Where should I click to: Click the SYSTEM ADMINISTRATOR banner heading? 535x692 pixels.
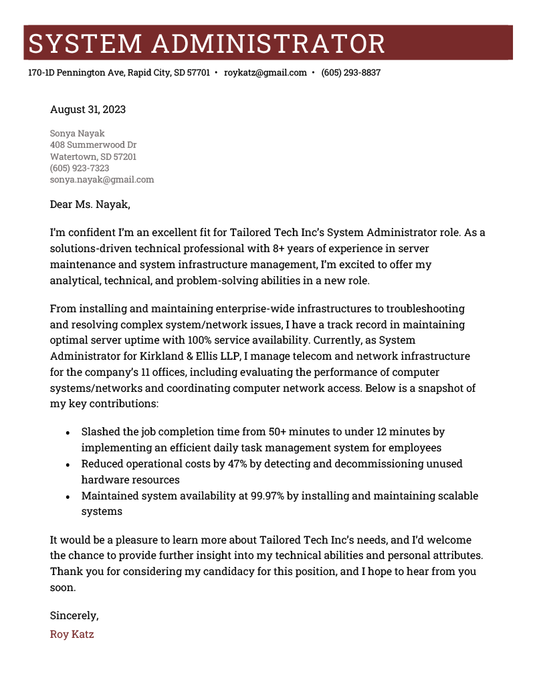207,43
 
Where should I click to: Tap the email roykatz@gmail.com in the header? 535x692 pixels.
265,72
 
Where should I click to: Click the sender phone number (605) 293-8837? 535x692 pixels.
350,72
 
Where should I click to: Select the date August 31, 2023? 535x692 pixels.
88,109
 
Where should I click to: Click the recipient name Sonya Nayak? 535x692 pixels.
77,133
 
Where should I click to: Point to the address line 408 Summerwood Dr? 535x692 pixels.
93,144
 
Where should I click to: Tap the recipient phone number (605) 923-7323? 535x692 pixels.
80,168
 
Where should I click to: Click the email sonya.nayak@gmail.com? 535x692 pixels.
102,179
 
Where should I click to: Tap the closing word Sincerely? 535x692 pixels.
74,616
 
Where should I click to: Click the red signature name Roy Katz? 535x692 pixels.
72,634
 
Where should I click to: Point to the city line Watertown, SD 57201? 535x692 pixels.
93,156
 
